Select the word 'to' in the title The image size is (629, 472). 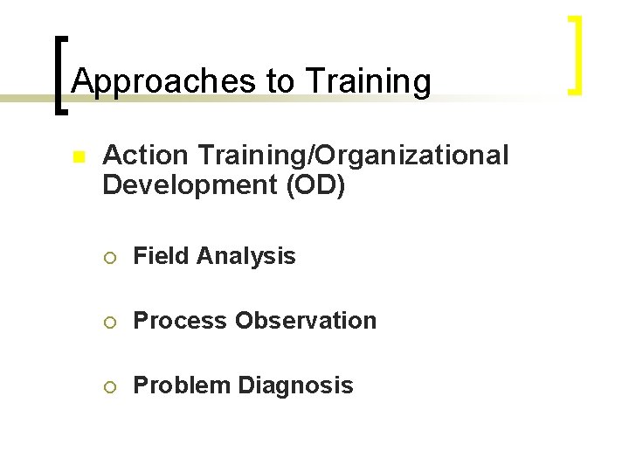coord(280,81)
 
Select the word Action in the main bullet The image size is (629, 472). coord(145,156)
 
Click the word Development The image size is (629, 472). coord(190,185)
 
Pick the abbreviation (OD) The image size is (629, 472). coord(314,185)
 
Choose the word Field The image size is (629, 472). coord(162,256)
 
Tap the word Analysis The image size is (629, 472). coord(246,256)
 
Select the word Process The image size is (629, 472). coord(181,321)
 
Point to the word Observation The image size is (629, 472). coord(306,321)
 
